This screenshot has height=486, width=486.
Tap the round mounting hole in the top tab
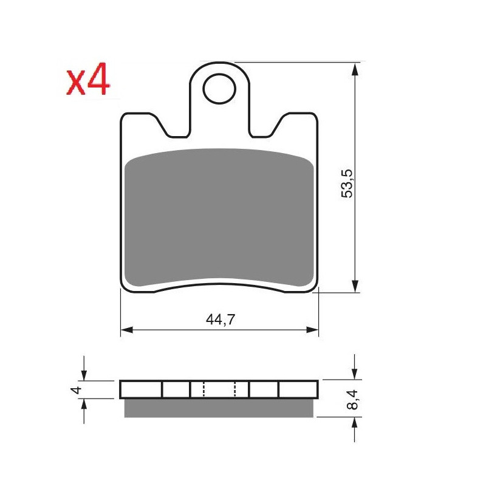(x=219, y=89)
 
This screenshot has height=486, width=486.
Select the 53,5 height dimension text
(x=347, y=182)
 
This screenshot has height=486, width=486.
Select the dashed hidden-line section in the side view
(x=219, y=389)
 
